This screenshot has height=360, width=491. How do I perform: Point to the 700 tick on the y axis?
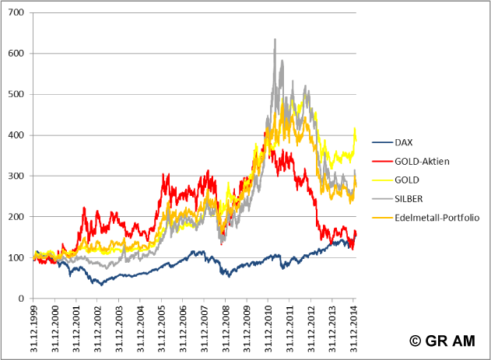16,13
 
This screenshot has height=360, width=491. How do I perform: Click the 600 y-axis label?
16,54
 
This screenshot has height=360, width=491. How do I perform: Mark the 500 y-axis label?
16,95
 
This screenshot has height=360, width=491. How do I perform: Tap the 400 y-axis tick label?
16,135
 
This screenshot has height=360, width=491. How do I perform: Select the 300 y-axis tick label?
16,176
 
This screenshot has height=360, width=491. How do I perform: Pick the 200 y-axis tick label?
16,217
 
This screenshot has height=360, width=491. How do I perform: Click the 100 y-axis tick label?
16,257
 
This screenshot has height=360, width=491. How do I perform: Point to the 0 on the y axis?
21,299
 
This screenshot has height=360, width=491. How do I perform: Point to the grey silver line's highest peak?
275,39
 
